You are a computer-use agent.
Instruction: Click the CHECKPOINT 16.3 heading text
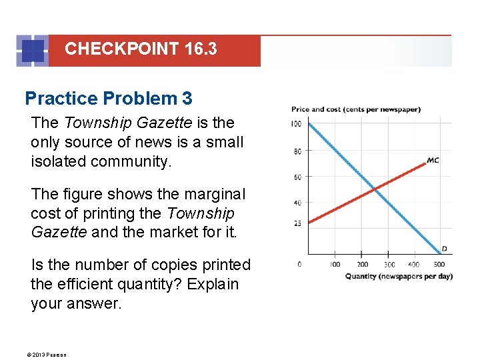coord(141,49)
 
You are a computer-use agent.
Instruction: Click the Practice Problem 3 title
coord(109,99)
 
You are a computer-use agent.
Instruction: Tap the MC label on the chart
coord(433,160)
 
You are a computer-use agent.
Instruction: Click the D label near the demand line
coord(444,249)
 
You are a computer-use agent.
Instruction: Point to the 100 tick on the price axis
coord(296,124)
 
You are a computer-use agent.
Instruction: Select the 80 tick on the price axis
coord(297,151)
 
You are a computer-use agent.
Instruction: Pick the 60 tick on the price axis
coord(297,177)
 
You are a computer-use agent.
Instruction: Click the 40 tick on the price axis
coord(297,203)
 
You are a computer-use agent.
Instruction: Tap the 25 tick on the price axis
coord(297,223)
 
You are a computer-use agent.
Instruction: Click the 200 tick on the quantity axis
coord(363,265)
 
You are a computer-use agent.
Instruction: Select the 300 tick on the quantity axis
coord(389,265)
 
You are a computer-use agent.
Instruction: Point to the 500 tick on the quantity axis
coord(440,265)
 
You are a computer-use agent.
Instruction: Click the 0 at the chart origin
coord(299,265)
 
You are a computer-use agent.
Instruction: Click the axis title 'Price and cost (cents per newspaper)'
coord(355,109)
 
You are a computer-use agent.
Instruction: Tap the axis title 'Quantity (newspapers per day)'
coord(399,276)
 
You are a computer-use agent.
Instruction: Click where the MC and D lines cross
coord(375,191)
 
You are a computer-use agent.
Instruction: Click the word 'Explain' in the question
coord(213,283)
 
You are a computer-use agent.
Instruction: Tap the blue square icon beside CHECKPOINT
coord(32,51)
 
